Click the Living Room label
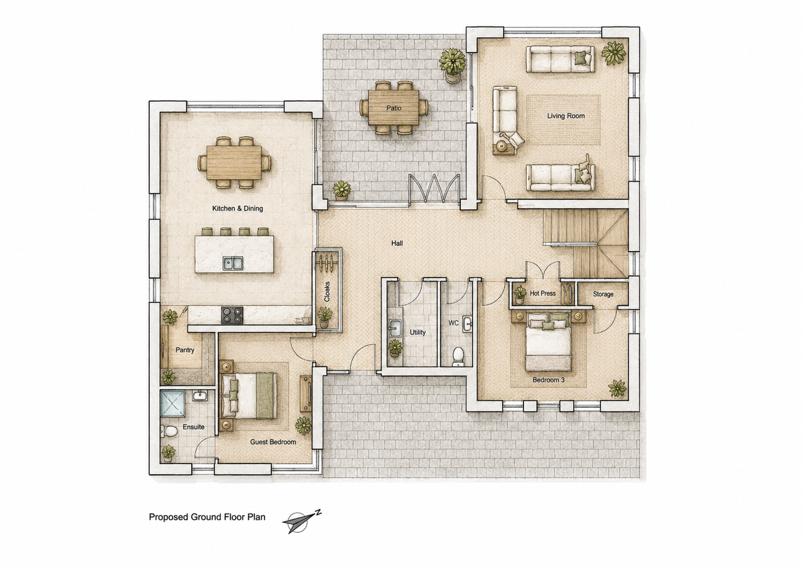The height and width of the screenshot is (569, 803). click(566, 116)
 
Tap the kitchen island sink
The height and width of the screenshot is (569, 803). click(233, 263)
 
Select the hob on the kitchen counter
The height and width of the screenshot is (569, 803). click(232, 316)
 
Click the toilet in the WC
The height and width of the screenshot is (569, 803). click(458, 357)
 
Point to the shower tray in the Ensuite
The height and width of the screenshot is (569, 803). click(172, 403)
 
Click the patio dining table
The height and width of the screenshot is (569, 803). click(393, 108)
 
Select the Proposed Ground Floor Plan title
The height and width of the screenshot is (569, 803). click(207, 517)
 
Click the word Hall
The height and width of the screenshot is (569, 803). click(397, 243)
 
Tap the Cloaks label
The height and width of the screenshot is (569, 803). click(327, 291)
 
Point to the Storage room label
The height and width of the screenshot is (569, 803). click(603, 294)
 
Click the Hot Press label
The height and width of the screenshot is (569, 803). click(542, 293)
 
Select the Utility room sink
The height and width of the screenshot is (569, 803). click(394, 328)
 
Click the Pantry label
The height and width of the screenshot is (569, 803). click(185, 350)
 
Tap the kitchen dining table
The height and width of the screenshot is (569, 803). click(234, 162)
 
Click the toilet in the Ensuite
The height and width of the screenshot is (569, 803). click(169, 431)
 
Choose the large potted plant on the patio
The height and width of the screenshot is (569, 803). click(452, 66)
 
